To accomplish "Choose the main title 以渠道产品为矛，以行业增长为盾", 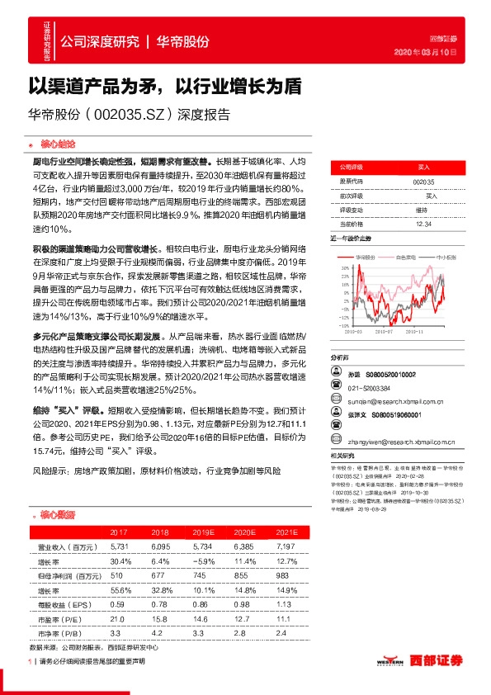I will (x=165, y=86).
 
